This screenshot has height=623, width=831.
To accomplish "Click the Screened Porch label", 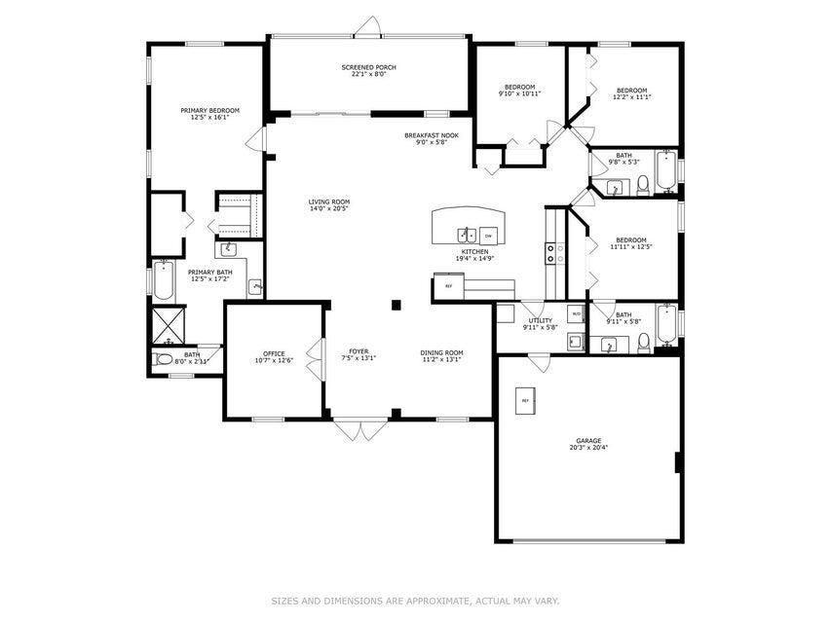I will tap(368, 67).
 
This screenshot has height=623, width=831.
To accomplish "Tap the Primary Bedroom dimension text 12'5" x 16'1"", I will tap(209, 117).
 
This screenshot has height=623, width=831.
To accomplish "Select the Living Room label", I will tap(328, 202).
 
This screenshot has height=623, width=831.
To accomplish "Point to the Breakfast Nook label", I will tap(431, 135).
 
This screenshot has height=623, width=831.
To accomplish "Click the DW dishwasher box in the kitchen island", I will tap(487, 235).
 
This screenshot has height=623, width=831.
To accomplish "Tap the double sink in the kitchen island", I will tap(467, 235).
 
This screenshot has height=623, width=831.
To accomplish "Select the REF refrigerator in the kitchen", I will tap(448, 286).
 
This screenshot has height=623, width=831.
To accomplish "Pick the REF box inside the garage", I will tap(525, 400).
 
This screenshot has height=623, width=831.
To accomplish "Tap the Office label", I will tap(273, 353).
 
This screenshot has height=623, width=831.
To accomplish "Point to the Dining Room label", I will tap(441, 352).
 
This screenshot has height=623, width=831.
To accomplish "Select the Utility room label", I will tap(540, 320).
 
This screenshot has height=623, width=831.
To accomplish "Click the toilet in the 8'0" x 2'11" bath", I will tap(164, 360).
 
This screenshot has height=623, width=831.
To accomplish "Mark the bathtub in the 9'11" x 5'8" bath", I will tap(666, 324).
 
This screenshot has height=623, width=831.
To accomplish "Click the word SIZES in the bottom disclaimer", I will tap(285, 601).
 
